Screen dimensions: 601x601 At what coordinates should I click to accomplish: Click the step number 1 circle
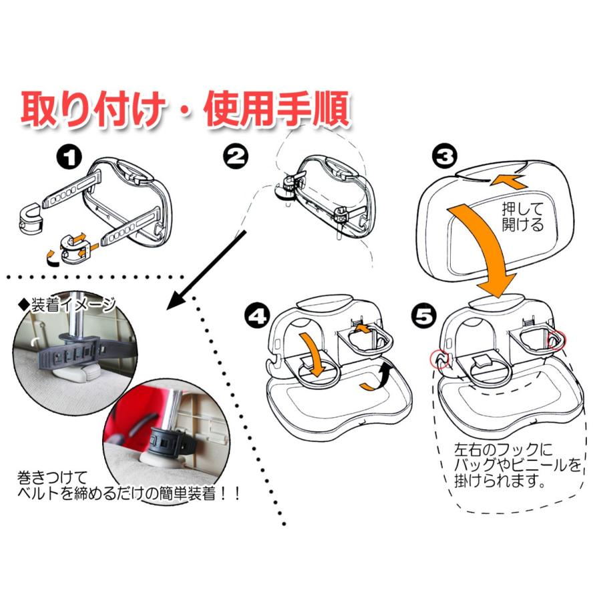(69, 158)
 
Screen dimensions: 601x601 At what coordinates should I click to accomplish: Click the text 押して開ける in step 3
(522, 216)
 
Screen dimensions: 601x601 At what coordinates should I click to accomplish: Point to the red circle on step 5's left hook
(438, 361)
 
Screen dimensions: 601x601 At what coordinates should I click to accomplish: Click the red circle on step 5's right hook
(556, 341)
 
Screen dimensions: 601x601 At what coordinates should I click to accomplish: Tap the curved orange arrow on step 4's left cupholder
(311, 353)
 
